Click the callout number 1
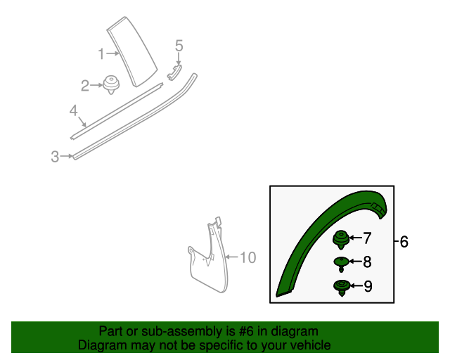[x=101, y=53]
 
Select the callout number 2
[x=84, y=86]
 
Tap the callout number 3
[x=55, y=157]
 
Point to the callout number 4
[x=73, y=110]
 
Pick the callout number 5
[x=179, y=46]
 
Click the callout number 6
[x=404, y=242]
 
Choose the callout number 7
[x=366, y=238]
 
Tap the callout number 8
[x=366, y=262]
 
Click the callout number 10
[x=248, y=258]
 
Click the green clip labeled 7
[x=342, y=238]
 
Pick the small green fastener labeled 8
[x=341, y=263]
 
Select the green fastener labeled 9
[x=341, y=286]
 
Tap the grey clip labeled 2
[x=110, y=84]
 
